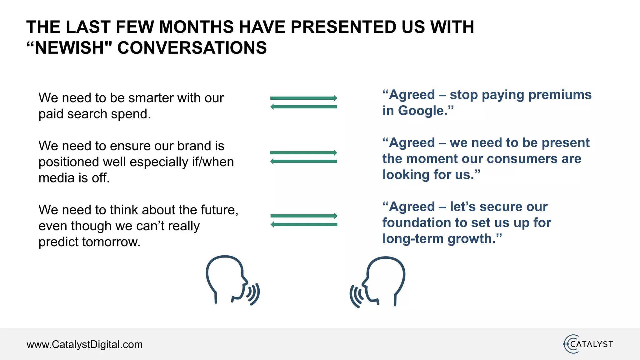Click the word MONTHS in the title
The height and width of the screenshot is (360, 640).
tap(196, 27)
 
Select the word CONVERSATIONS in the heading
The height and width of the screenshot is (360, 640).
tap(192, 48)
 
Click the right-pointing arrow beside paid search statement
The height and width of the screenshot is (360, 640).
tap(304, 98)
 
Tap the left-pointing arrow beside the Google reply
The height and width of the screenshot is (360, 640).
tap(304, 107)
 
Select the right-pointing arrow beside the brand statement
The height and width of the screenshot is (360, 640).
tap(304, 153)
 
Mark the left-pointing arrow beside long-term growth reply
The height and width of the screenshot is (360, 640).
tap(304, 224)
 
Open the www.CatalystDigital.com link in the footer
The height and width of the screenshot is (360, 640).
tap(84, 344)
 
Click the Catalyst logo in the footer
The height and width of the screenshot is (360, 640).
tap(588, 344)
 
